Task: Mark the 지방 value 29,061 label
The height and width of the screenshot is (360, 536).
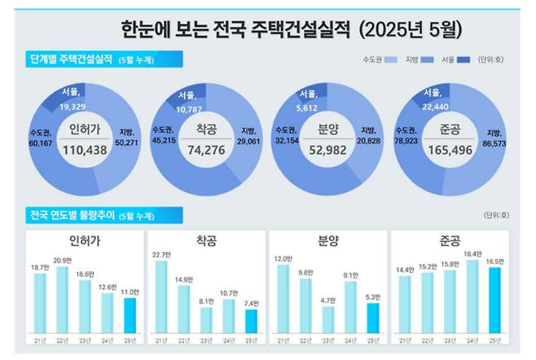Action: tap(258, 141)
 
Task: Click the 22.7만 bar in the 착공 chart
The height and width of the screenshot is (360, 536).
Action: tap(161, 296)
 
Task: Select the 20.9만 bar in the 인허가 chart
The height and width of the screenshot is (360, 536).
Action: tap(63, 300)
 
